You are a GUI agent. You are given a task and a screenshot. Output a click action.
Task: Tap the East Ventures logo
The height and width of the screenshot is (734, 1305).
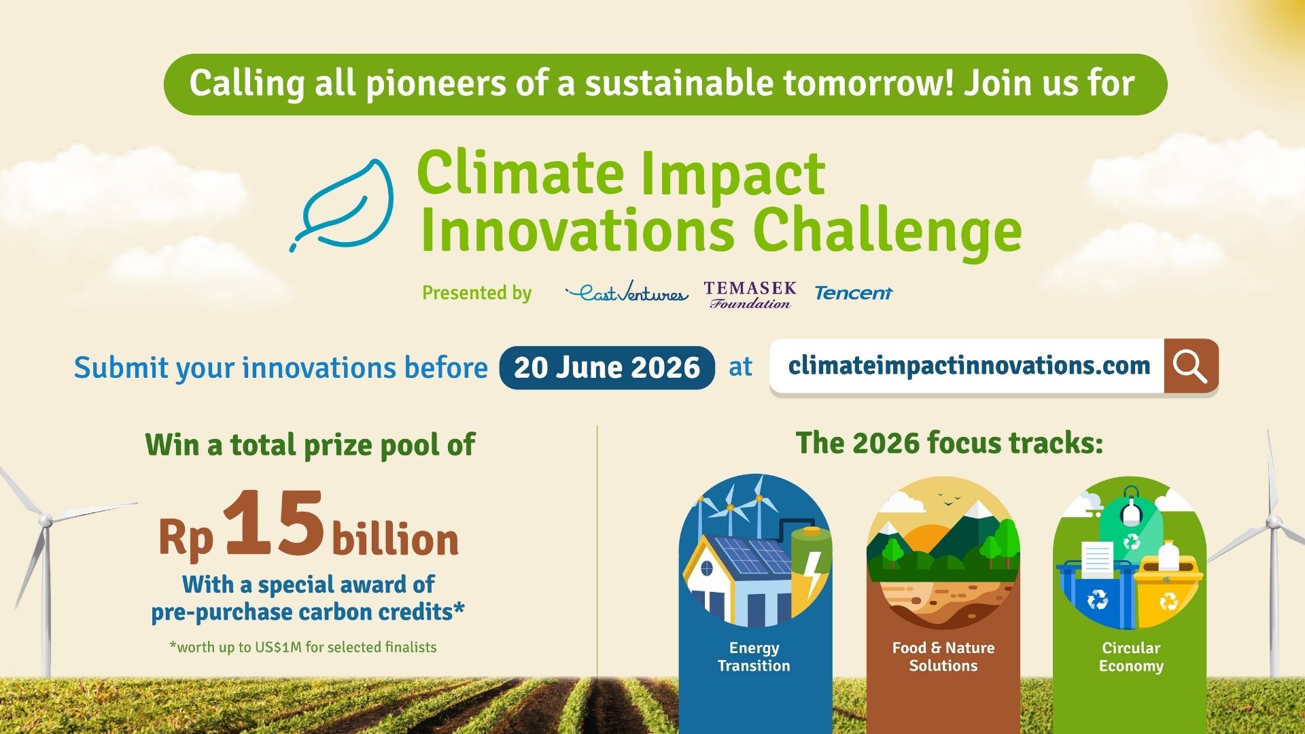[x=627, y=293]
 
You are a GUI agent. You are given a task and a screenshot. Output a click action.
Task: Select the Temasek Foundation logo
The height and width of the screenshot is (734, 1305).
[x=750, y=295]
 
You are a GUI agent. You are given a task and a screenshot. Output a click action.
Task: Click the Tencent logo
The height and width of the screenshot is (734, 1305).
[x=853, y=293]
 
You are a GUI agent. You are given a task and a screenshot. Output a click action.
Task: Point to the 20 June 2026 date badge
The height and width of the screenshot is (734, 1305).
[x=606, y=368]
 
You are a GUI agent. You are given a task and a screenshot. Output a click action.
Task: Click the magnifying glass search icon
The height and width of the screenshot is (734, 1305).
[x=1190, y=366]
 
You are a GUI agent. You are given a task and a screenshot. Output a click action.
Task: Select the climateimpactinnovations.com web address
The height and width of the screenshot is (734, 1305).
[x=969, y=366]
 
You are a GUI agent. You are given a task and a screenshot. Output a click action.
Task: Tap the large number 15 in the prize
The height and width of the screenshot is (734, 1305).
[x=274, y=523]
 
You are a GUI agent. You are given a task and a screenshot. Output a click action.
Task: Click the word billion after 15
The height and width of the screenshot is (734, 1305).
[x=395, y=540]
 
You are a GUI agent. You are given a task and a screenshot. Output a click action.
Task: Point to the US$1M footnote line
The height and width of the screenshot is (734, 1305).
[x=303, y=647]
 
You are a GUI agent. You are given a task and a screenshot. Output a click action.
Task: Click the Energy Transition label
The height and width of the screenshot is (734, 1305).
[x=754, y=657]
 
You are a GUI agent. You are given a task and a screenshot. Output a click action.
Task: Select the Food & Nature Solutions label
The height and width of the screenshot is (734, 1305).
[x=943, y=657]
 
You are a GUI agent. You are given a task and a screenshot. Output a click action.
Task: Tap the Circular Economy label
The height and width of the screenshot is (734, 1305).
[x=1130, y=657]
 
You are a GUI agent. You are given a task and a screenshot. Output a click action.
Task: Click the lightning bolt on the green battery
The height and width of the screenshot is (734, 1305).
[x=811, y=571]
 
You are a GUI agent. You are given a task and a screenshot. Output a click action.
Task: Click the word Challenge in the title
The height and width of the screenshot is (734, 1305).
[x=887, y=231]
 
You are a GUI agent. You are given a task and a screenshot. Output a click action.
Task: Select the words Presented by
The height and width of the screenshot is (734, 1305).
[x=476, y=293]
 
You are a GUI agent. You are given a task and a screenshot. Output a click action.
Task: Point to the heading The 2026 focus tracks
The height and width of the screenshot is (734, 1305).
[x=949, y=443]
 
